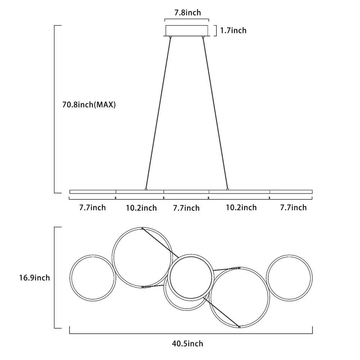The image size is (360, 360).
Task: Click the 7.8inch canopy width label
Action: point(188,13)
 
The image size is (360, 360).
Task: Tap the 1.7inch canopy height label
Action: point(233,30)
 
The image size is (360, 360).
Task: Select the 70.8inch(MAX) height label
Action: point(89,105)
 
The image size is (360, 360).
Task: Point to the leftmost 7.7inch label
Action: point(93,208)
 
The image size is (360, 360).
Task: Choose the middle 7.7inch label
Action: point(186,208)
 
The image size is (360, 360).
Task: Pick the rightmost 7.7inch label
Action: point(293,208)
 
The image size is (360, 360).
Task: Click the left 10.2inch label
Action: point(141,208)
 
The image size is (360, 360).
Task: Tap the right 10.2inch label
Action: point(241,208)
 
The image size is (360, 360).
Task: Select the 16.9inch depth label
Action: point(35,278)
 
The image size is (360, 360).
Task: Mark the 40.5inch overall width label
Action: point(188,344)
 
